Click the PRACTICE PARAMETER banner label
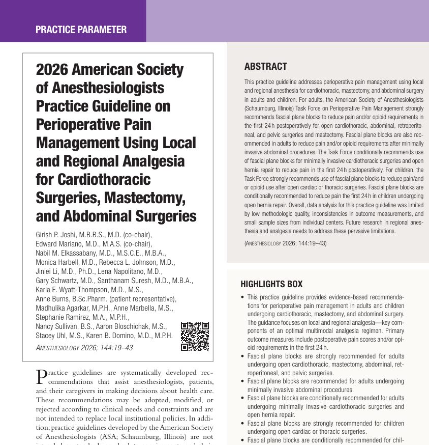click(81, 30)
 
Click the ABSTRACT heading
click(265, 67)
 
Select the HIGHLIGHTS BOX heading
click(271, 284)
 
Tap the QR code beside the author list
click(195, 336)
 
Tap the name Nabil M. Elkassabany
click(70, 253)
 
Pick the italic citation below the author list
click(84, 348)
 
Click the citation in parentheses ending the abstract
click(285, 243)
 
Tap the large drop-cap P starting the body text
click(44, 377)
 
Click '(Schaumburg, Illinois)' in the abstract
click(270, 109)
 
